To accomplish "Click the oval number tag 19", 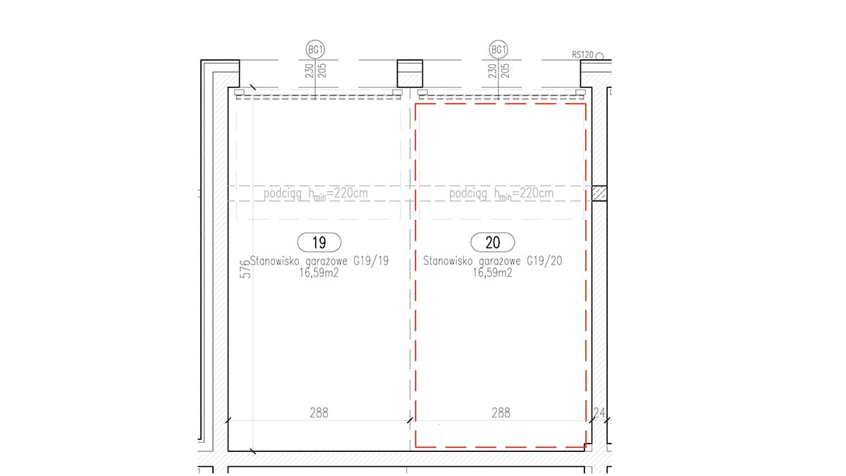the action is tap(319, 242).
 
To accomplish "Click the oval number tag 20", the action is tap(493, 242).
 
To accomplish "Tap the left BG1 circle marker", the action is tap(315, 49).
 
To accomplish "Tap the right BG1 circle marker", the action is tap(498, 49).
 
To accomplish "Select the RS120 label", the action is tap(583, 55).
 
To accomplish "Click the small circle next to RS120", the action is tap(599, 56).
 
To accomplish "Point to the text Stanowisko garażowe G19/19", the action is tap(319, 261).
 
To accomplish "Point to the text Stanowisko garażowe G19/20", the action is tap(493, 261).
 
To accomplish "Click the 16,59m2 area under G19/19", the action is tap(319, 273).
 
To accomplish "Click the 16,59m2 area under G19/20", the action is tap(493, 273).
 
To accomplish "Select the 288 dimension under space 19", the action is tap(319, 413).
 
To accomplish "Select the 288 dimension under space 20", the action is tap(501, 413).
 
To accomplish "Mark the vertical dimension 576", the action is tap(245, 269).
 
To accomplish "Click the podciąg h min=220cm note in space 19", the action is tap(316, 194).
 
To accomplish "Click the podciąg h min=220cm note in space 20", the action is tap(501, 194).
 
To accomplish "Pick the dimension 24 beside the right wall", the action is tap(599, 413).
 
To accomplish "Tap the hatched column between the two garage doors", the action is tap(410, 73).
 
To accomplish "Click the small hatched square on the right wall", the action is tap(599, 193).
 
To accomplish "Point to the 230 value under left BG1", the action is tap(309, 71).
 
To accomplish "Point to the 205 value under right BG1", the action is tap(505, 71).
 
